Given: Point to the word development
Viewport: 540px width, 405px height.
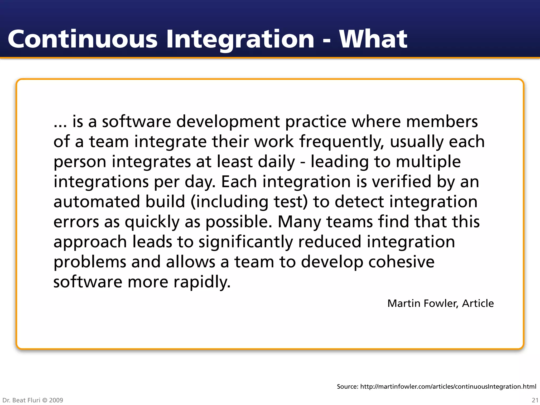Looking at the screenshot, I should [228, 122].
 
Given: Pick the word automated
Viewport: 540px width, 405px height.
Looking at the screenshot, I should [97, 202].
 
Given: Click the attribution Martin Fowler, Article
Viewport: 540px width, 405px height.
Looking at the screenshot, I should [440, 303].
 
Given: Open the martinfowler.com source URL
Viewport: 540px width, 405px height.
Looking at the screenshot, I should [448, 387].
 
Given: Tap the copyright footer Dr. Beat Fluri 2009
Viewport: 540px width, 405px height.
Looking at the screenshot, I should [33, 400].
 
